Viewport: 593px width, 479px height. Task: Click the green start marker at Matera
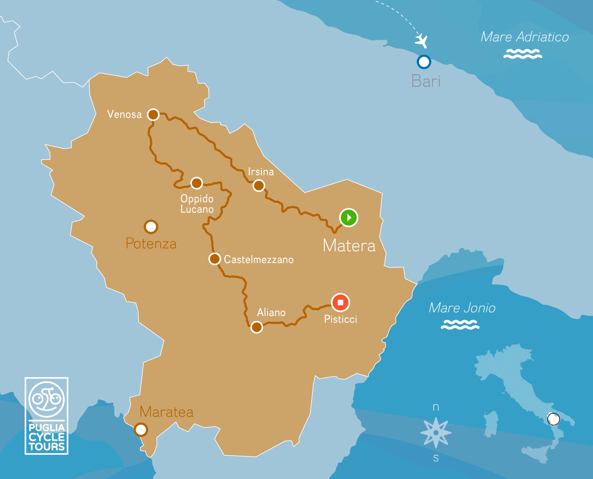point(349,218)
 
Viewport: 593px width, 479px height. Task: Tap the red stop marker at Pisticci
point(340,303)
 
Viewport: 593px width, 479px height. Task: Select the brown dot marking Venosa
point(153,114)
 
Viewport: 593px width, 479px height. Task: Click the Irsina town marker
point(259,185)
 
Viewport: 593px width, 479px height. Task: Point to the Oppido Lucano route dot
point(196,183)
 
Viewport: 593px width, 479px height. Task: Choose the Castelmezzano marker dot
point(214,259)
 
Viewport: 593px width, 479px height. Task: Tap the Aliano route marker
point(256,327)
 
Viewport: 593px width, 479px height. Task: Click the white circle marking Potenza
point(151,227)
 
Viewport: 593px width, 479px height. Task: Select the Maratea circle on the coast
point(141,430)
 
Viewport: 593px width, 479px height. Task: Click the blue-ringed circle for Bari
point(424,62)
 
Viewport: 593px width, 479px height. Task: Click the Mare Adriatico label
point(524,37)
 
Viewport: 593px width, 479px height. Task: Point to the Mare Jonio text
point(462,308)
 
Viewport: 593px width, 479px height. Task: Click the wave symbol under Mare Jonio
point(460,324)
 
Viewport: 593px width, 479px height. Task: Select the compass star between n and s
point(436,433)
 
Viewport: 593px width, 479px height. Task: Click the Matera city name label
point(349,246)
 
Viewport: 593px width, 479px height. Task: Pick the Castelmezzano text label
point(259,260)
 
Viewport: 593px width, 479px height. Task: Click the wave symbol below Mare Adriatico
point(522,54)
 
